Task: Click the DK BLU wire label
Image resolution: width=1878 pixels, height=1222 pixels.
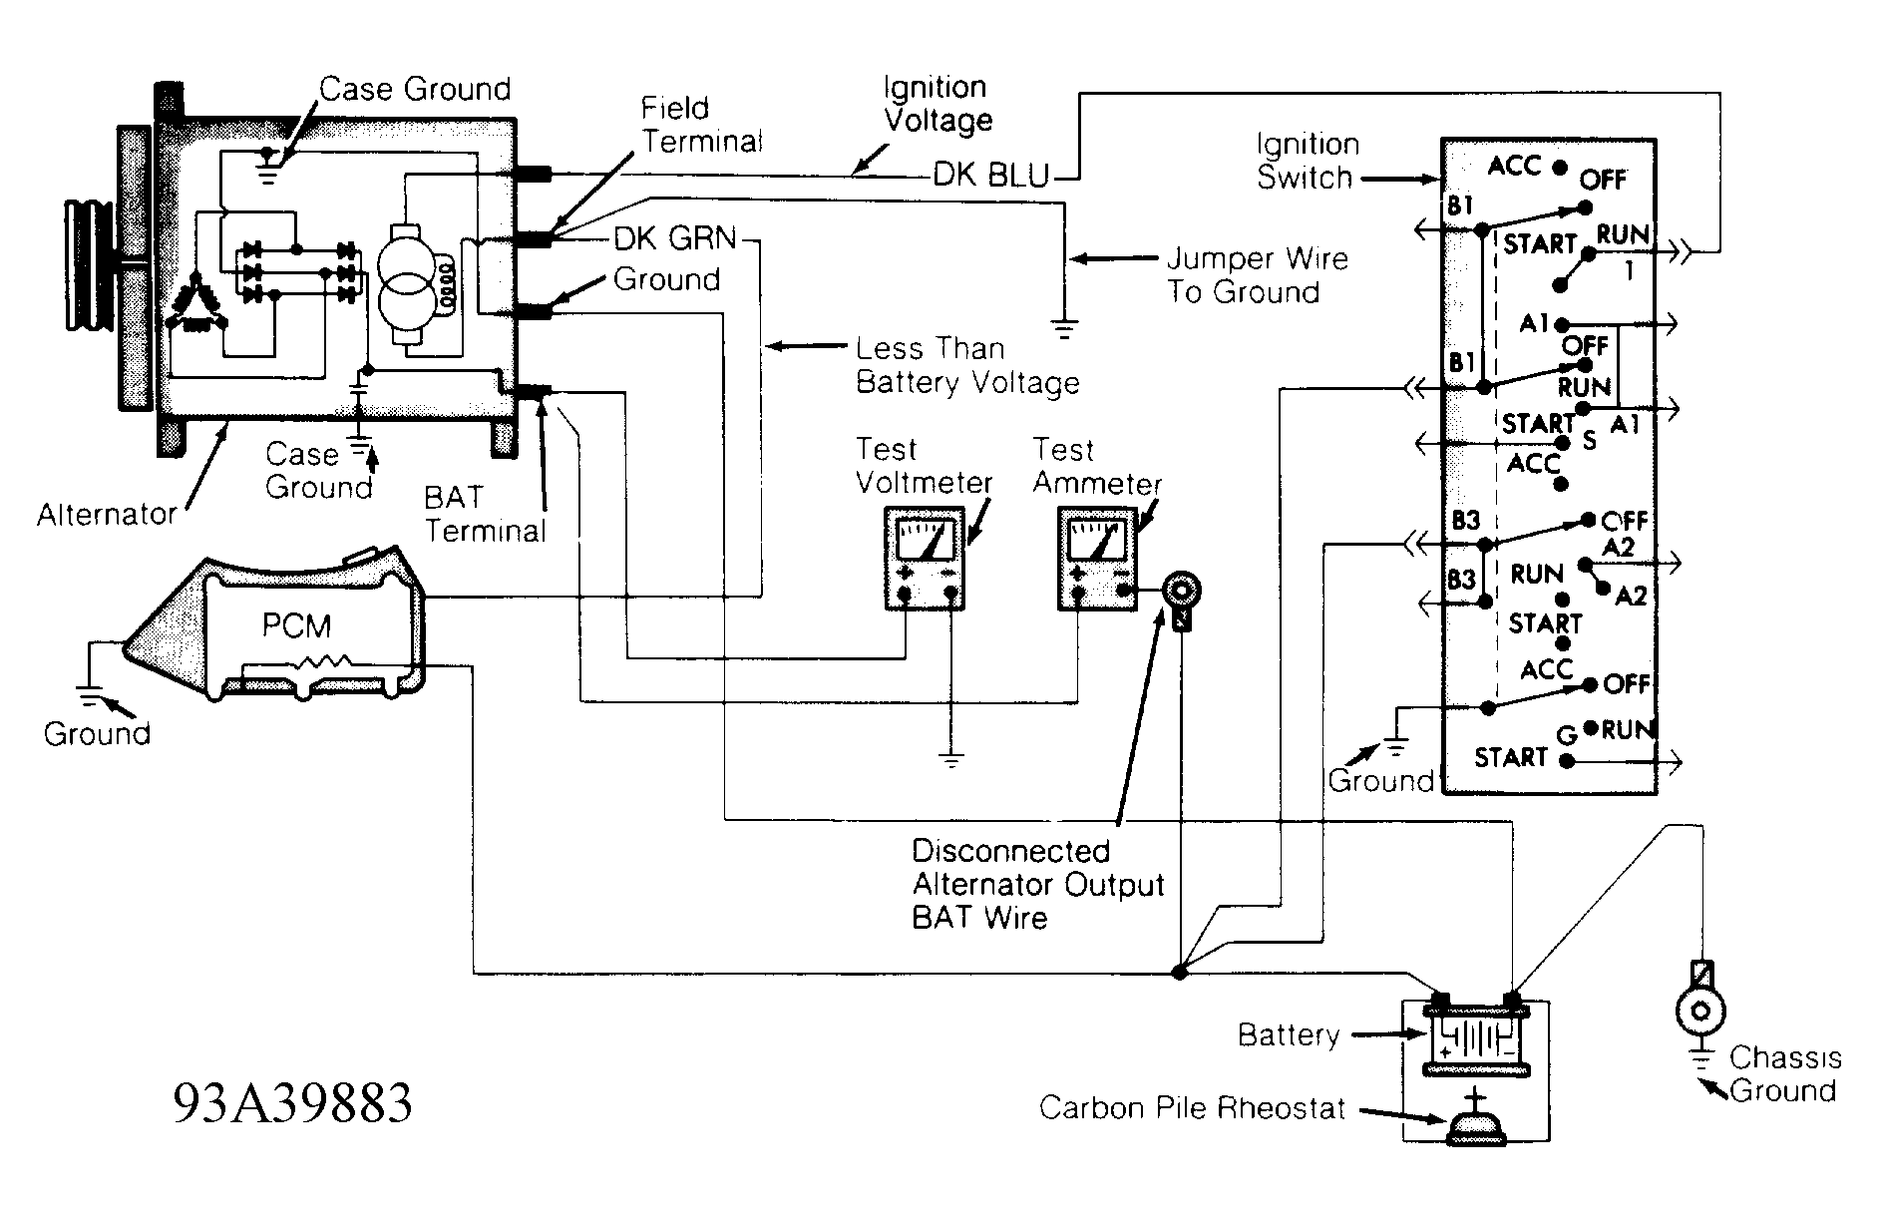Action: [x=991, y=177]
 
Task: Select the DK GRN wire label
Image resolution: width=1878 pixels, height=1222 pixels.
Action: [x=675, y=239]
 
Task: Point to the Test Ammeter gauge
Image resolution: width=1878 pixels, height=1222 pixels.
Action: [x=1097, y=558]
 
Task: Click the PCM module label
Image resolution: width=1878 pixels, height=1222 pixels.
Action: [x=296, y=625]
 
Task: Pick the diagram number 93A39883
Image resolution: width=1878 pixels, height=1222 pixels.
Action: [x=292, y=1103]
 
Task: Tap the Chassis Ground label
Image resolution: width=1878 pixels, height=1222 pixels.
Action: [x=1784, y=1073]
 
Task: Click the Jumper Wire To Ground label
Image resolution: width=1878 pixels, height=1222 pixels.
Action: [x=1257, y=275]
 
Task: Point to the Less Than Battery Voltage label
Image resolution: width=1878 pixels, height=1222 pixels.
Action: [x=966, y=366]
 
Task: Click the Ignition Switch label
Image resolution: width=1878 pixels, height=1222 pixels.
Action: [x=1307, y=162]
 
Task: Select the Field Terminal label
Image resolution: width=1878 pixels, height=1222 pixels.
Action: [x=701, y=125]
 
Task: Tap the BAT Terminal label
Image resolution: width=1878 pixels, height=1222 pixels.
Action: [x=485, y=514]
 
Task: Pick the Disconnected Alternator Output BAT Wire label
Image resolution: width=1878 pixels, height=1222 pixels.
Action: [x=1037, y=884]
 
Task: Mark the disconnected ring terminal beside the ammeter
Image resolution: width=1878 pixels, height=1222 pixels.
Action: [x=1182, y=592]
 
